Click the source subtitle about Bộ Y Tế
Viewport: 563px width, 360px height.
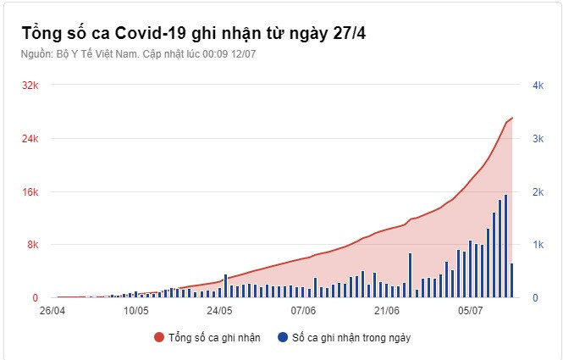coord(138,53)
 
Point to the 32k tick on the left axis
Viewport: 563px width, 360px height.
coord(30,86)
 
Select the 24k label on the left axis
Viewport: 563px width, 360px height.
coord(30,139)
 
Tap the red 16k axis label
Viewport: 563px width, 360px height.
coord(30,192)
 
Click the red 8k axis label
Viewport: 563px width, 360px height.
coord(33,245)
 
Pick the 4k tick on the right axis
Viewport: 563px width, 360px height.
coord(538,86)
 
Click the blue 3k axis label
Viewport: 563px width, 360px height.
coord(538,139)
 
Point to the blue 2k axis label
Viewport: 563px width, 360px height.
coord(538,192)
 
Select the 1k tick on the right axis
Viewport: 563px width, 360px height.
coord(538,245)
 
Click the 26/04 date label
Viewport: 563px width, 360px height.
coord(53,311)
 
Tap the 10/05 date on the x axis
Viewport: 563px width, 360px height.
coord(136,311)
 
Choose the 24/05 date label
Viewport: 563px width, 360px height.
coord(219,311)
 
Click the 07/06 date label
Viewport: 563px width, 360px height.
coord(303,311)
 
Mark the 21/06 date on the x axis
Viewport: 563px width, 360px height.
coord(386,311)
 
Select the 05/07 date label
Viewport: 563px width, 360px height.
coord(470,311)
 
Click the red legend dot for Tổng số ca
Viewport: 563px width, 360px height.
coord(159,337)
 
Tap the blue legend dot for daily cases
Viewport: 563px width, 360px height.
coord(282,337)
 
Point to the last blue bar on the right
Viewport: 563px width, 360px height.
coord(512,280)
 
